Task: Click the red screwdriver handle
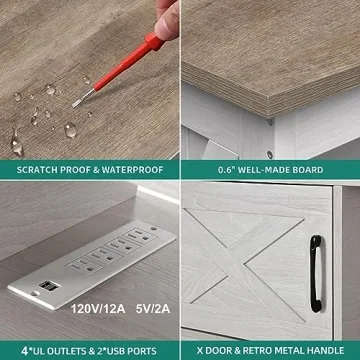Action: point(128,64)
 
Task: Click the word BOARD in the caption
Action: point(307,170)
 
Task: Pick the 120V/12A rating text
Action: point(98,309)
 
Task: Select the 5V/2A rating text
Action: point(153,309)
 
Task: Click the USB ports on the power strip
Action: point(46,285)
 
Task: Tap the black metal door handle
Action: point(316,273)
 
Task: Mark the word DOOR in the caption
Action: point(218,351)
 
